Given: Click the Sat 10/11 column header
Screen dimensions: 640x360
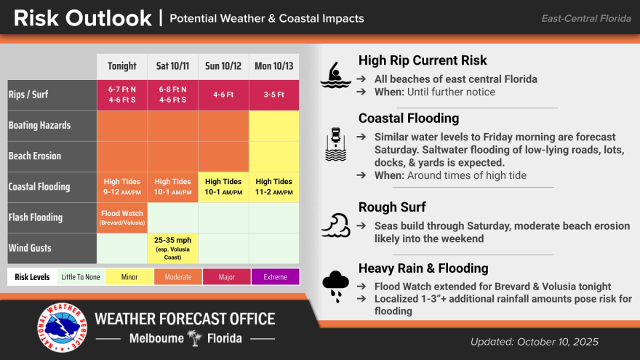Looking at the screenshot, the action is pyautogui.click(x=172, y=66).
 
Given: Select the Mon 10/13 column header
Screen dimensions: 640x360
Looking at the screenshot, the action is pyautogui.click(x=274, y=66).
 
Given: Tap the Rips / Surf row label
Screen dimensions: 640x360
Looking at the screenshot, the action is pyautogui.click(x=28, y=95).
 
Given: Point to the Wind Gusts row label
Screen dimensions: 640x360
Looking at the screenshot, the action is pyautogui.click(x=30, y=248).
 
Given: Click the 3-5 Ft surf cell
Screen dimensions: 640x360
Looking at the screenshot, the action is pyautogui.click(x=274, y=95).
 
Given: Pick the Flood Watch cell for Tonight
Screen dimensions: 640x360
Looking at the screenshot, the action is pyautogui.click(x=122, y=217).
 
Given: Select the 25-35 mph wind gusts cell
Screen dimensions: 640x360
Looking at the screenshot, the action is pyautogui.click(x=172, y=248).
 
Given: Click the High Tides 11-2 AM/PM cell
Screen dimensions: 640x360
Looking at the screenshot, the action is pyautogui.click(x=274, y=187).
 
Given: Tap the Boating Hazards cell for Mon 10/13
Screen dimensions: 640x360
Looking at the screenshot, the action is pyautogui.click(x=274, y=126).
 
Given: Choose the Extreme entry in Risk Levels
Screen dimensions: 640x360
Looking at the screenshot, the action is pyautogui.click(x=276, y=277).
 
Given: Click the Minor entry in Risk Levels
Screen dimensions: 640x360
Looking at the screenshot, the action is pyautogui.click(x=129, y=277).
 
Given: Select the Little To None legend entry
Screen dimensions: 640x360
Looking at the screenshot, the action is pyautogui.click(x=81, y=277).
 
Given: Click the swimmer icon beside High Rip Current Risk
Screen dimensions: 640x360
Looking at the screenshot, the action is pyautogui.click(x=335, y=75).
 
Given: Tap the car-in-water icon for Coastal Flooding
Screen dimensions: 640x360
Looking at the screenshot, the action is pyautogui.click(x=335, y=144).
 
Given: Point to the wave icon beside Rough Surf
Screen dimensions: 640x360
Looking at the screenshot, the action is pyautogui.click(x=335, y=225).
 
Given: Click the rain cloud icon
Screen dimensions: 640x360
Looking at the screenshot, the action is pyautogui.click(x=335, y=286).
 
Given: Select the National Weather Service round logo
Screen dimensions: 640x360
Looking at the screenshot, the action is pyautogui.click(x=62, y=327).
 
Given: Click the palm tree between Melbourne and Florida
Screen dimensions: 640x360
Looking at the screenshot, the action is pyautogui.click(x=195, y=338).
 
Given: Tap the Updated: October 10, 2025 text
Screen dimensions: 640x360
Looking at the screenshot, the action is pyautogui.click(x=535, y=342).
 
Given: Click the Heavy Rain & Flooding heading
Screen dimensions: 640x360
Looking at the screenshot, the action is pyautogui.click(x=423, y=268).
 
